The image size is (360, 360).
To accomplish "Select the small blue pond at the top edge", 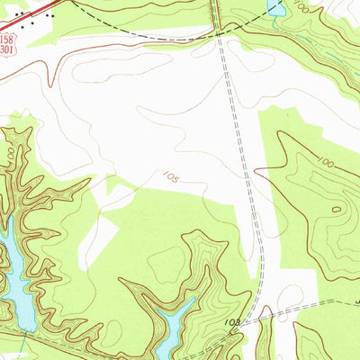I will tap(276, 8).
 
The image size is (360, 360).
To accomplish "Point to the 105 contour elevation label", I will tap(170, 177).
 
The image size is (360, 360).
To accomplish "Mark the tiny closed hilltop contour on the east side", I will tap(337, 210).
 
